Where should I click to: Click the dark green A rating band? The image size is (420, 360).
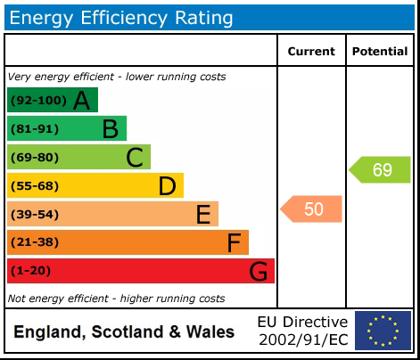tap(52, 100)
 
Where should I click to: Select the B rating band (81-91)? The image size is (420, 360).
tap(67, 128)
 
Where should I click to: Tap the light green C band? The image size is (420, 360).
tap(78, 157)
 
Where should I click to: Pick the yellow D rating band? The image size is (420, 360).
tap(95, 185)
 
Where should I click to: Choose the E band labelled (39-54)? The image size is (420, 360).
tap(112, 214)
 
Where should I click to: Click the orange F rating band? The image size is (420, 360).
tap(128, 242)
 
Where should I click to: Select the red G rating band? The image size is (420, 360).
tap(140, 271)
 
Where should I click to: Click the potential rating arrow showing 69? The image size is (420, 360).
tap(380, 169)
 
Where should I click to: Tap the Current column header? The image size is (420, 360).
tap(311, 52)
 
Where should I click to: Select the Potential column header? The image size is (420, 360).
tap(379, 52)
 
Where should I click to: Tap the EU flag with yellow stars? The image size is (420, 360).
tap(383, 331)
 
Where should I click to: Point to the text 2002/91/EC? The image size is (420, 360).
tap(302, 340)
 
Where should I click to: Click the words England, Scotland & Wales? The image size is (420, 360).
tap(124, 332)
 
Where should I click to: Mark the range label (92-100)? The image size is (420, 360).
tap(37, 101)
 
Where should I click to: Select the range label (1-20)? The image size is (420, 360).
tap(30, 271)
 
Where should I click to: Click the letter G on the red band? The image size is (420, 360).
tap(259, 271)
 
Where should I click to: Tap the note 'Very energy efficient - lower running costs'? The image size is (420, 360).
tap(116, 77)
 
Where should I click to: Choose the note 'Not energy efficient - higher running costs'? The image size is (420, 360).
tap(116, 299)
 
